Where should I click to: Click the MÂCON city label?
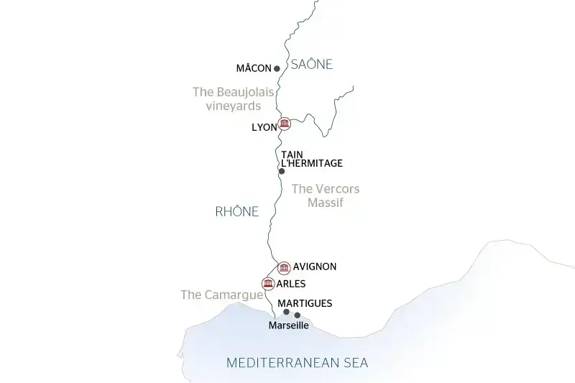click(254, 69)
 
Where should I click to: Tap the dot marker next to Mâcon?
click(277, 69)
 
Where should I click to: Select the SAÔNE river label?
click(311, 65)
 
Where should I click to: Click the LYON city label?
click(264, 127)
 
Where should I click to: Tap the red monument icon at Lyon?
click(285, 124)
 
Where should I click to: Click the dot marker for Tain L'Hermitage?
click(282, 171)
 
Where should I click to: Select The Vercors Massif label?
click(326, 195)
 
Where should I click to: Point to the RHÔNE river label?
click(236, 211)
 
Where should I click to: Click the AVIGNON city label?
click(315, 267)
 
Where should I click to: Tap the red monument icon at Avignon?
click(284, 268)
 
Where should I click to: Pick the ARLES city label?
click(291, 283)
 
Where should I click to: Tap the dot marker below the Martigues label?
click(286, 312)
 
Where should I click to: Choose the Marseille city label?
click(287, 326)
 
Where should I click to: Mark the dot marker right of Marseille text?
click(298, 315)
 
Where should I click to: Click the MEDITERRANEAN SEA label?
click(297, 363)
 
